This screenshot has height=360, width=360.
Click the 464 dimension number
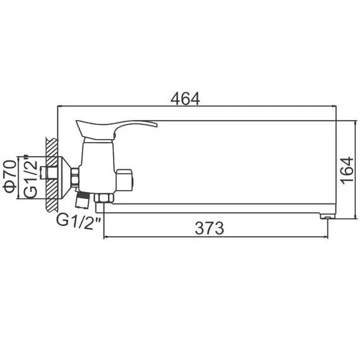(185, 99)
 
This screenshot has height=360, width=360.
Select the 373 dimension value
(209, 228)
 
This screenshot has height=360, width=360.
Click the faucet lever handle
(117, 126)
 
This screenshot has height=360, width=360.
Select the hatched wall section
(51, 174)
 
